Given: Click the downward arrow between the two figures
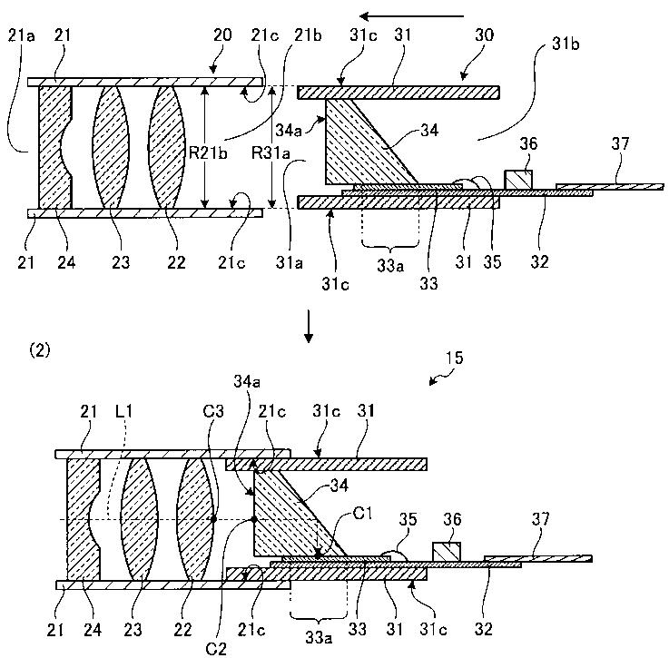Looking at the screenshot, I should [x=309, y=326].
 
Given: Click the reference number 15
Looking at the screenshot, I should [x=454, y=358].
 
